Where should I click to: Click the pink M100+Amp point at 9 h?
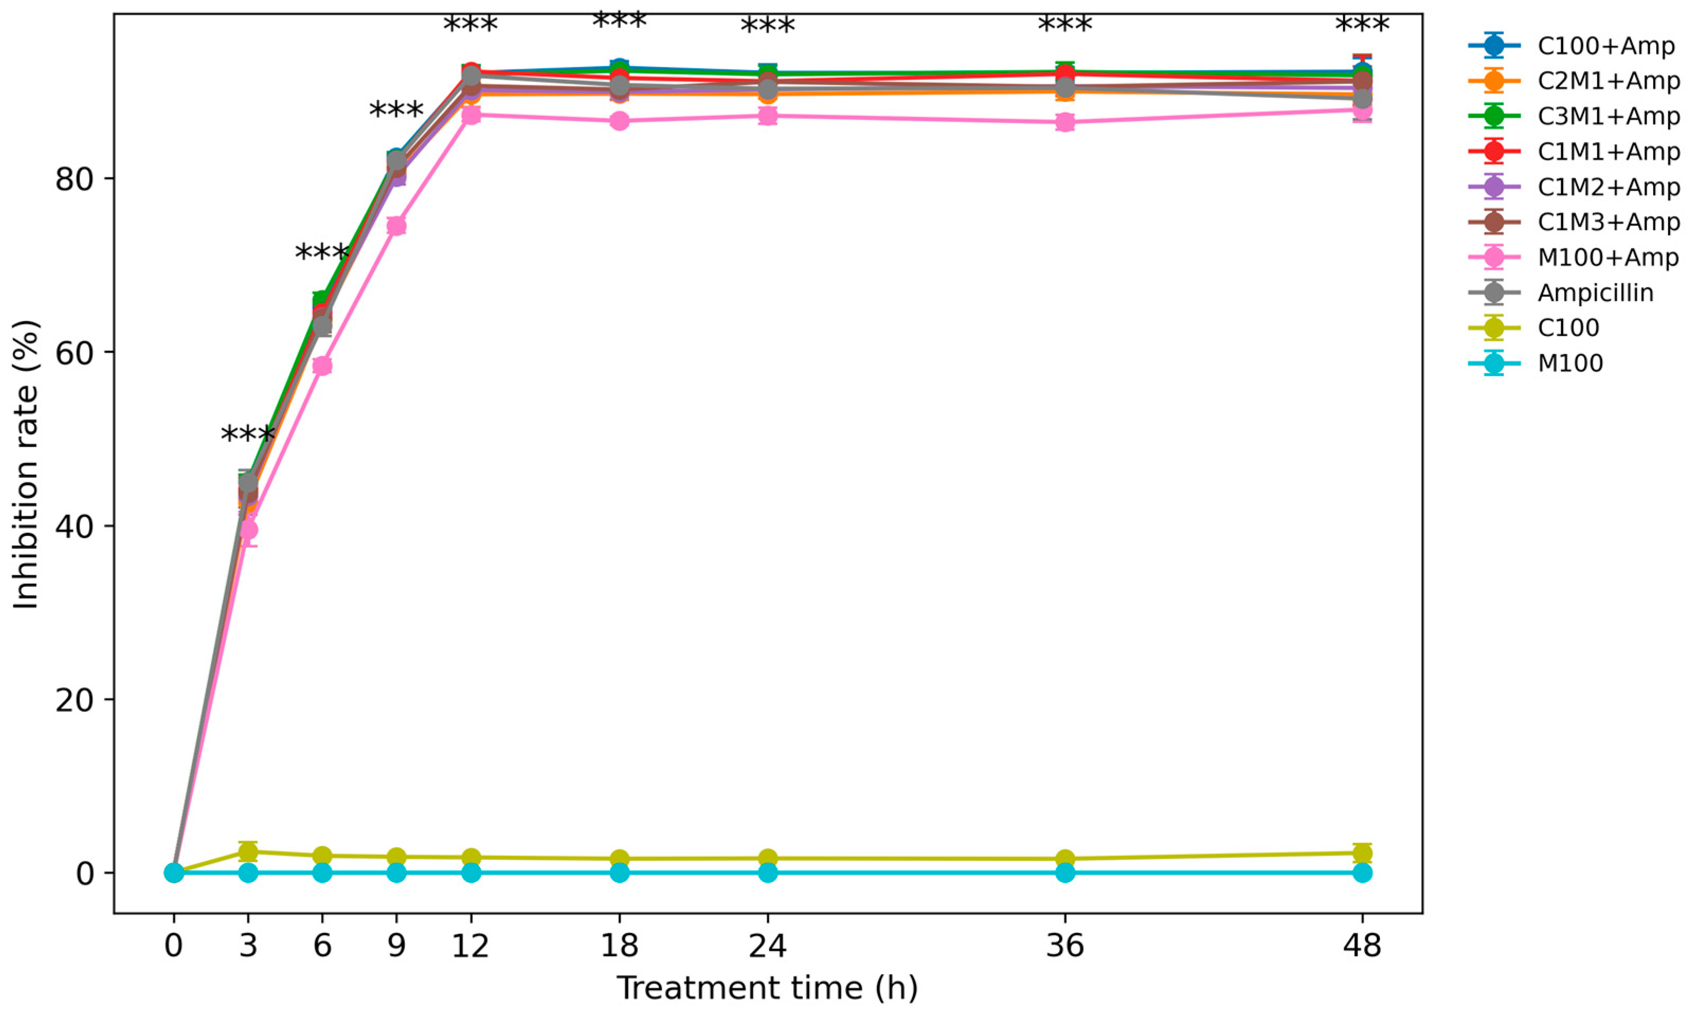[x=396, y=226]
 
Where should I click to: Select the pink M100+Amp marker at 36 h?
[x=1064, y=123]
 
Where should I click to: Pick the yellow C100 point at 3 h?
[x=248, y=852]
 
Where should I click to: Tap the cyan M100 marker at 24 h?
[x=768, y=873]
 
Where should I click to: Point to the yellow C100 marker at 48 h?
[x=1362, y=853]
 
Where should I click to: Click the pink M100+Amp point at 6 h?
[x=322, y=366]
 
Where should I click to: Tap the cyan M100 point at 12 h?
[x=471, y=873]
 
